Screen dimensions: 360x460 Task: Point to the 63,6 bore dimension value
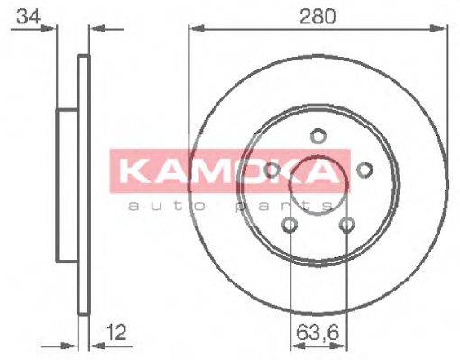pyautogui.click(x=317, y=333)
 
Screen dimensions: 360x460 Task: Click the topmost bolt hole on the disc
pyautogui.click(x=317, y=136)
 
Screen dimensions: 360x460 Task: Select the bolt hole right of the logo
pyautogui.click(x=364, y=170)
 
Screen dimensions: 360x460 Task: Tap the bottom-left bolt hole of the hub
pyautogui.click(x=290, y=225)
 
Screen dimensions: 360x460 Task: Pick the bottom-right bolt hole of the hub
pyautogui.click(x=346, y=225)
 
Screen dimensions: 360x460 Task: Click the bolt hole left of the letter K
pyautogui.click(x=271, y=170)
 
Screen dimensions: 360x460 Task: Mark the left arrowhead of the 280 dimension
pyautogui.click(x=193, y=30)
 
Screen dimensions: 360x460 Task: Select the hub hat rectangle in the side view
pyautogui.click(x=68, y=185)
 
